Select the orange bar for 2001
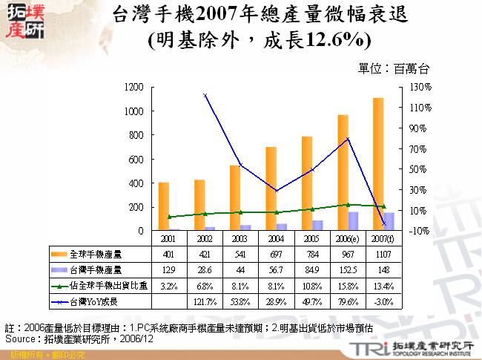pos(163,206)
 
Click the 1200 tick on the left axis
pos(133,87)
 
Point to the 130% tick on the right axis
pos(414,87)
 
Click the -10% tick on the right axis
pos(414,231)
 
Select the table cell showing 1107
pos(383,255)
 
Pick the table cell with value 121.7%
pos(205,302)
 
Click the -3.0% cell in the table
pos(383,302)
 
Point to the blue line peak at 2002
pos(205,95)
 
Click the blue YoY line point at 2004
pos(276,191)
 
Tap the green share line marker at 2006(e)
pos(348,204)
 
